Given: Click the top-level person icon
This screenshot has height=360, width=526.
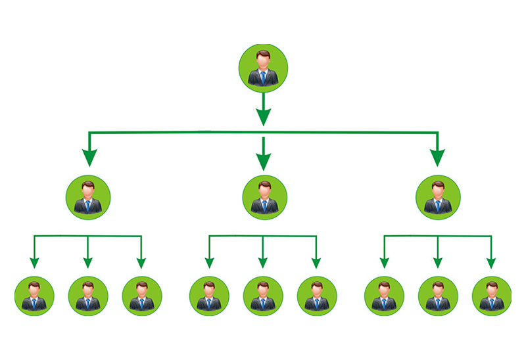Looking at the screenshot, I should click(263, 66).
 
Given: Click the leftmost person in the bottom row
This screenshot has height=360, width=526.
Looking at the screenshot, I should click(34, 296).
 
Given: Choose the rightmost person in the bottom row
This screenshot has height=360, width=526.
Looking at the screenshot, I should click(491, 296).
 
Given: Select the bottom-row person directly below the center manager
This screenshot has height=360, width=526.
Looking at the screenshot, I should click(263, 296).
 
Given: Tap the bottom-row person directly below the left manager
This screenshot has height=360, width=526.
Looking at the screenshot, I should click(88, 296).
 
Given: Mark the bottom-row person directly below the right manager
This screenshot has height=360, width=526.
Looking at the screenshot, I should click(437, 296).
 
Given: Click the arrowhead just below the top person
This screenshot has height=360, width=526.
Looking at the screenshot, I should click(263, 116).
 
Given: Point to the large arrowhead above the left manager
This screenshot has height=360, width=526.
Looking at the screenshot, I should click(89, 158).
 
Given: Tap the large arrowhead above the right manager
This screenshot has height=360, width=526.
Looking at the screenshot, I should click(437, 158).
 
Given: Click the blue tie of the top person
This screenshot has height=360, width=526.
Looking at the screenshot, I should click(263, 78).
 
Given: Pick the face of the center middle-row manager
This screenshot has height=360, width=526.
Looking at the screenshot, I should click(264, 191).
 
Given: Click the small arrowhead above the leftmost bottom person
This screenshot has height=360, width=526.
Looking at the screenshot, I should click(34, 263).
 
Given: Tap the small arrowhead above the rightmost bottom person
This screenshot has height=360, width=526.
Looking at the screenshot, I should click(491, 263).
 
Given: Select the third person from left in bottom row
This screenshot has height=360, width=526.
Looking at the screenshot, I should click(142, 296).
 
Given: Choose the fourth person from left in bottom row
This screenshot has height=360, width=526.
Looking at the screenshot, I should click(209, 296).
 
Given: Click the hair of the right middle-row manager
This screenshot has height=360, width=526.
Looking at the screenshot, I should click(439, 183).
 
